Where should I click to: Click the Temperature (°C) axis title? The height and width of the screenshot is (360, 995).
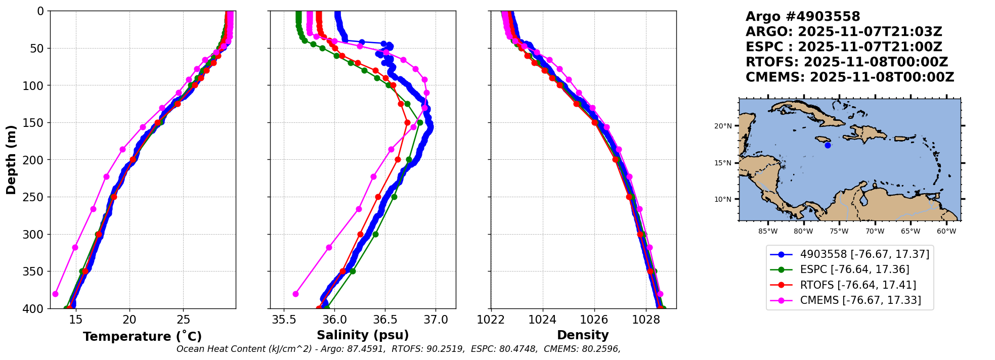tap(142, 336)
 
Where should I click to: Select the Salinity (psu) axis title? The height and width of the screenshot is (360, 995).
tap(363, 335)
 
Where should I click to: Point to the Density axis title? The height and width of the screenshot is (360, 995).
tap(583, 335)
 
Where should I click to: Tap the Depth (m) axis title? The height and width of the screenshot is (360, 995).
tap(11, 160)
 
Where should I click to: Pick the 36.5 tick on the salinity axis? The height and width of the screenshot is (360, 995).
tap(385, 320)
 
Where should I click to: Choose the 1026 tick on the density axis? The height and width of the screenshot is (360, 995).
tap(594, 320)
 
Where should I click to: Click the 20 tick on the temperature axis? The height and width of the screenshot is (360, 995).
tap(129, 320)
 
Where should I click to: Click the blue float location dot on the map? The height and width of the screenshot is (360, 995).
tap(828, 146)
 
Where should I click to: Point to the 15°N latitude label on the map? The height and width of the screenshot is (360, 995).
tap(723, 163)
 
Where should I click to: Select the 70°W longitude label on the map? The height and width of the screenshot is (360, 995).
tap(875, 232)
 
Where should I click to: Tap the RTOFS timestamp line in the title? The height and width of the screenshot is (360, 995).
tap(847, 62)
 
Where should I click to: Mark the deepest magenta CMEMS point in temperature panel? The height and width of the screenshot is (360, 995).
tap(55, 294)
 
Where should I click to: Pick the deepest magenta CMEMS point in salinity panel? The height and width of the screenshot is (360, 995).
tap(295, 294)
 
